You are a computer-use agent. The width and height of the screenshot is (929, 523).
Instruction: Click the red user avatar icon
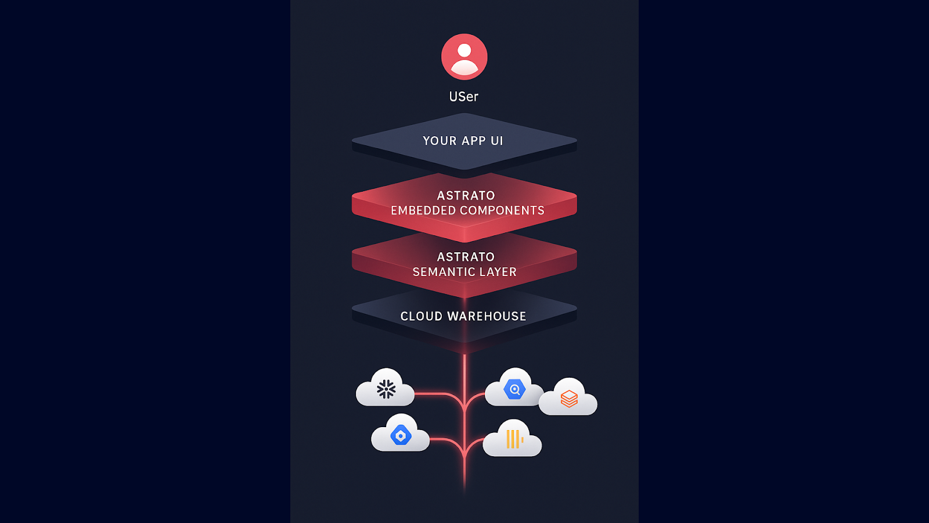pos(464,57)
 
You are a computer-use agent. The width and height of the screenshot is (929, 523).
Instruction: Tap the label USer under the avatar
pos(463,96)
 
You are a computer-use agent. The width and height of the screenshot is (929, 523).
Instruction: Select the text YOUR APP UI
pos(463,141)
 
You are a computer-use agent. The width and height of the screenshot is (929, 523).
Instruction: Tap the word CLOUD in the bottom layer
pos(422,316)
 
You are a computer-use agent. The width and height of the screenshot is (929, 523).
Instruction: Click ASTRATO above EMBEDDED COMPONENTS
pos(466,195)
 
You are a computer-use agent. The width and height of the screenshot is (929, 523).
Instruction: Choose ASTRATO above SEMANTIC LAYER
pos(466,257)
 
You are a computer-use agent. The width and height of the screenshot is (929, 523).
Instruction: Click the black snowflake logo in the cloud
pos(386,389)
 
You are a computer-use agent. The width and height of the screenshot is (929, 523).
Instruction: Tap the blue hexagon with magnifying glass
pos(514,389)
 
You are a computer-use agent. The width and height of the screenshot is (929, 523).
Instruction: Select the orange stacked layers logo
pos(569,399)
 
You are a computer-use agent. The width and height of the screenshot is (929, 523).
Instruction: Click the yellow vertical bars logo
pos(513,439)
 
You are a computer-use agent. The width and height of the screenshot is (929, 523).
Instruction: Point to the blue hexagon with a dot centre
pos(401,435)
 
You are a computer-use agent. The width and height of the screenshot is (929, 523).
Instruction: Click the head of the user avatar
pos(464,51)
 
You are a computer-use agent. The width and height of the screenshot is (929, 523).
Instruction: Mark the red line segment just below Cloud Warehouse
pos(464,366)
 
